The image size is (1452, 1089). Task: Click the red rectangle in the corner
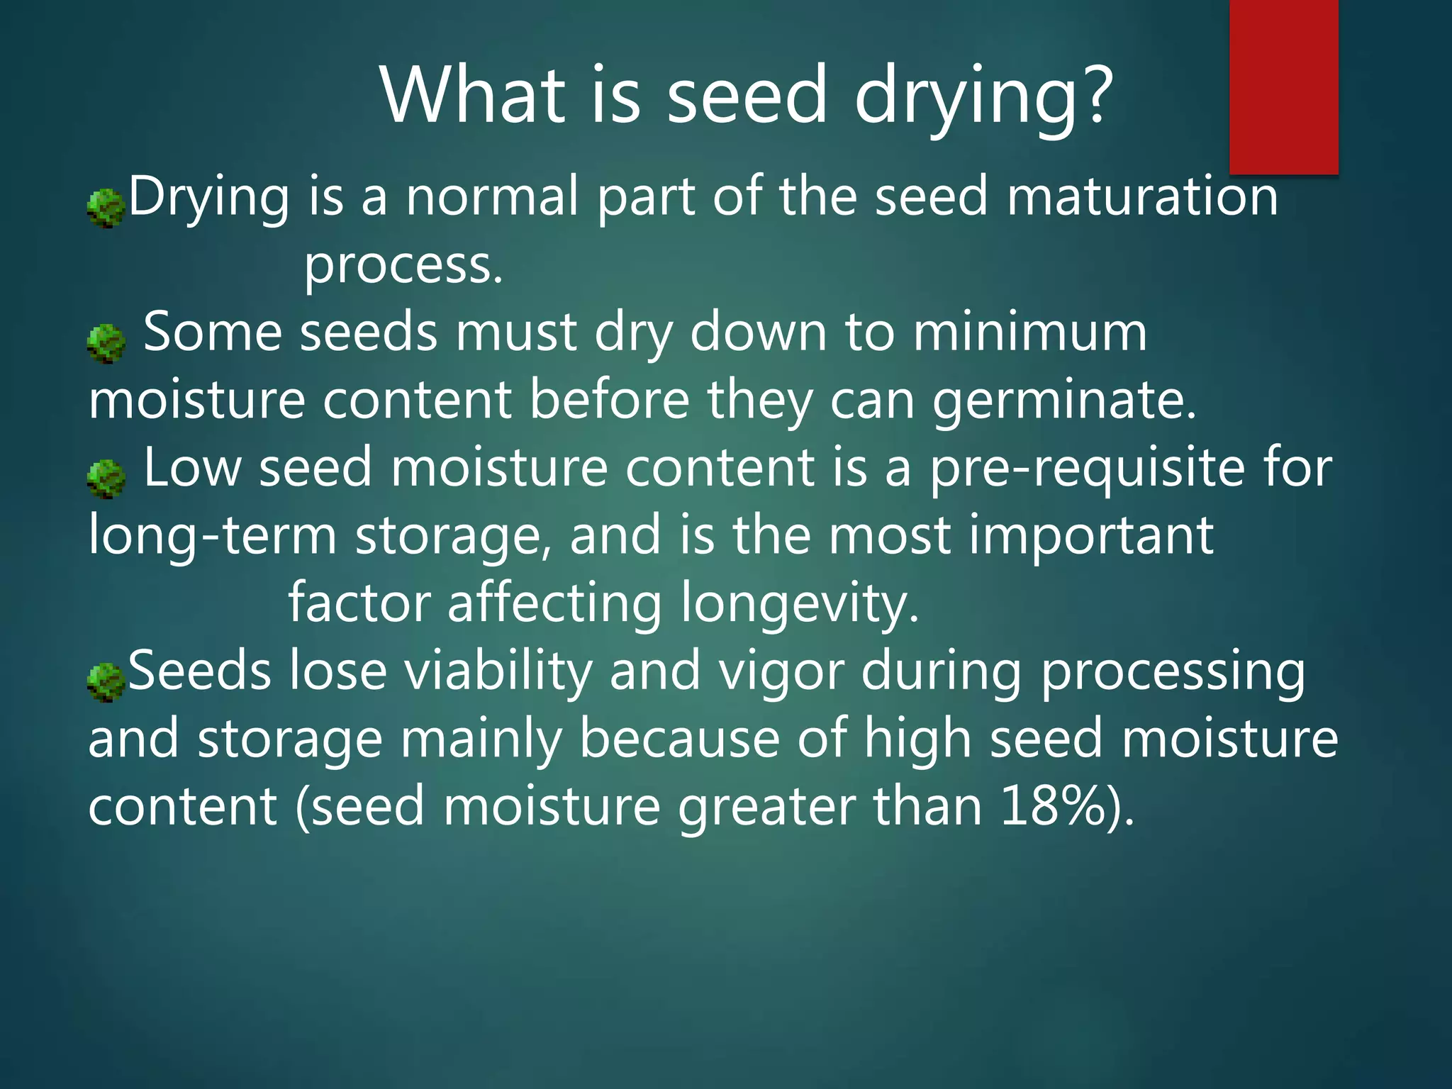[x=1283, y=86]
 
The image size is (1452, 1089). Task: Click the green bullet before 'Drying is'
[x=106, y=208]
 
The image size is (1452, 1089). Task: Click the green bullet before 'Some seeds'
[x=106, y=343]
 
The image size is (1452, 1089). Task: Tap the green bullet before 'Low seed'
[x=106, y=479]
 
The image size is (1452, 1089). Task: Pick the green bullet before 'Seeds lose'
[x=106, y=682]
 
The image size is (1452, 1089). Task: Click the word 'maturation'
[x=1142, y=196]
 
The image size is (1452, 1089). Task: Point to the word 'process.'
[x=403, y=265]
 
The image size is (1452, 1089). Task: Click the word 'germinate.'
[x=1064, y=401]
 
